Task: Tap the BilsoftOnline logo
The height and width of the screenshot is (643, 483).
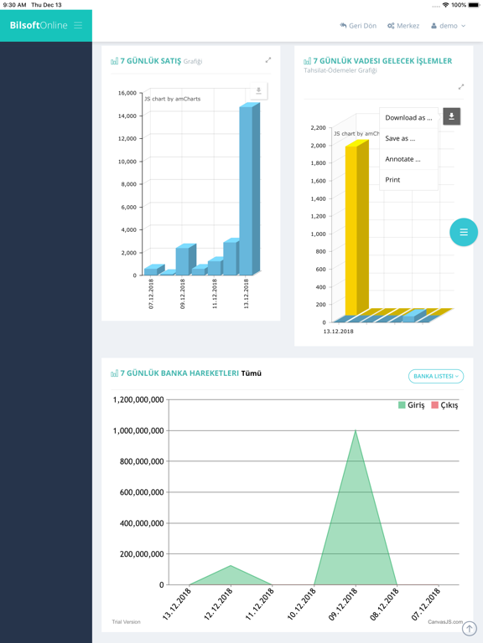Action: pos(39,25)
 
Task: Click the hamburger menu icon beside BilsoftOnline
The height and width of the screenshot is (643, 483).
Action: pos(78,25)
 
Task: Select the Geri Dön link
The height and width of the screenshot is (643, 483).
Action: pos(358,26)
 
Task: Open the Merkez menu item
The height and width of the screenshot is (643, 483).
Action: pos(403,26)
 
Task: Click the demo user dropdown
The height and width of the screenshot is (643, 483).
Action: pos(449,26)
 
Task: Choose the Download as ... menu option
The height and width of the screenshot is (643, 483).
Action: pos(408,118)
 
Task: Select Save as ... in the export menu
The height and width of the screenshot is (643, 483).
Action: pos(400,138)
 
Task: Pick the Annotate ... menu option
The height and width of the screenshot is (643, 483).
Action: pos(402,159)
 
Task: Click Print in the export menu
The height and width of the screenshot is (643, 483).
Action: pos(392,180)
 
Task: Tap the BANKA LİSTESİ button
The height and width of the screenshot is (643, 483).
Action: pos(436,376)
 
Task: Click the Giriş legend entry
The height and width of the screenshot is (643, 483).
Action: pos(411,405)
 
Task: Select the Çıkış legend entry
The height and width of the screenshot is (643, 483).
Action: pos(444,405)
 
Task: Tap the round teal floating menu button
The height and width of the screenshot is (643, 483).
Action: pos(464,232)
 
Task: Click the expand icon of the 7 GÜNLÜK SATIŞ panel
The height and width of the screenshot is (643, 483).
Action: pos(268,60)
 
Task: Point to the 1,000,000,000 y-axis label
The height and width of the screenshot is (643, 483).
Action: pos(138,431)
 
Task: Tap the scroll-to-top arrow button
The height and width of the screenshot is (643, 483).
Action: pos(470,628)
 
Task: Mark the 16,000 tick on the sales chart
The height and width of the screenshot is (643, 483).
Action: pos(127,93)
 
